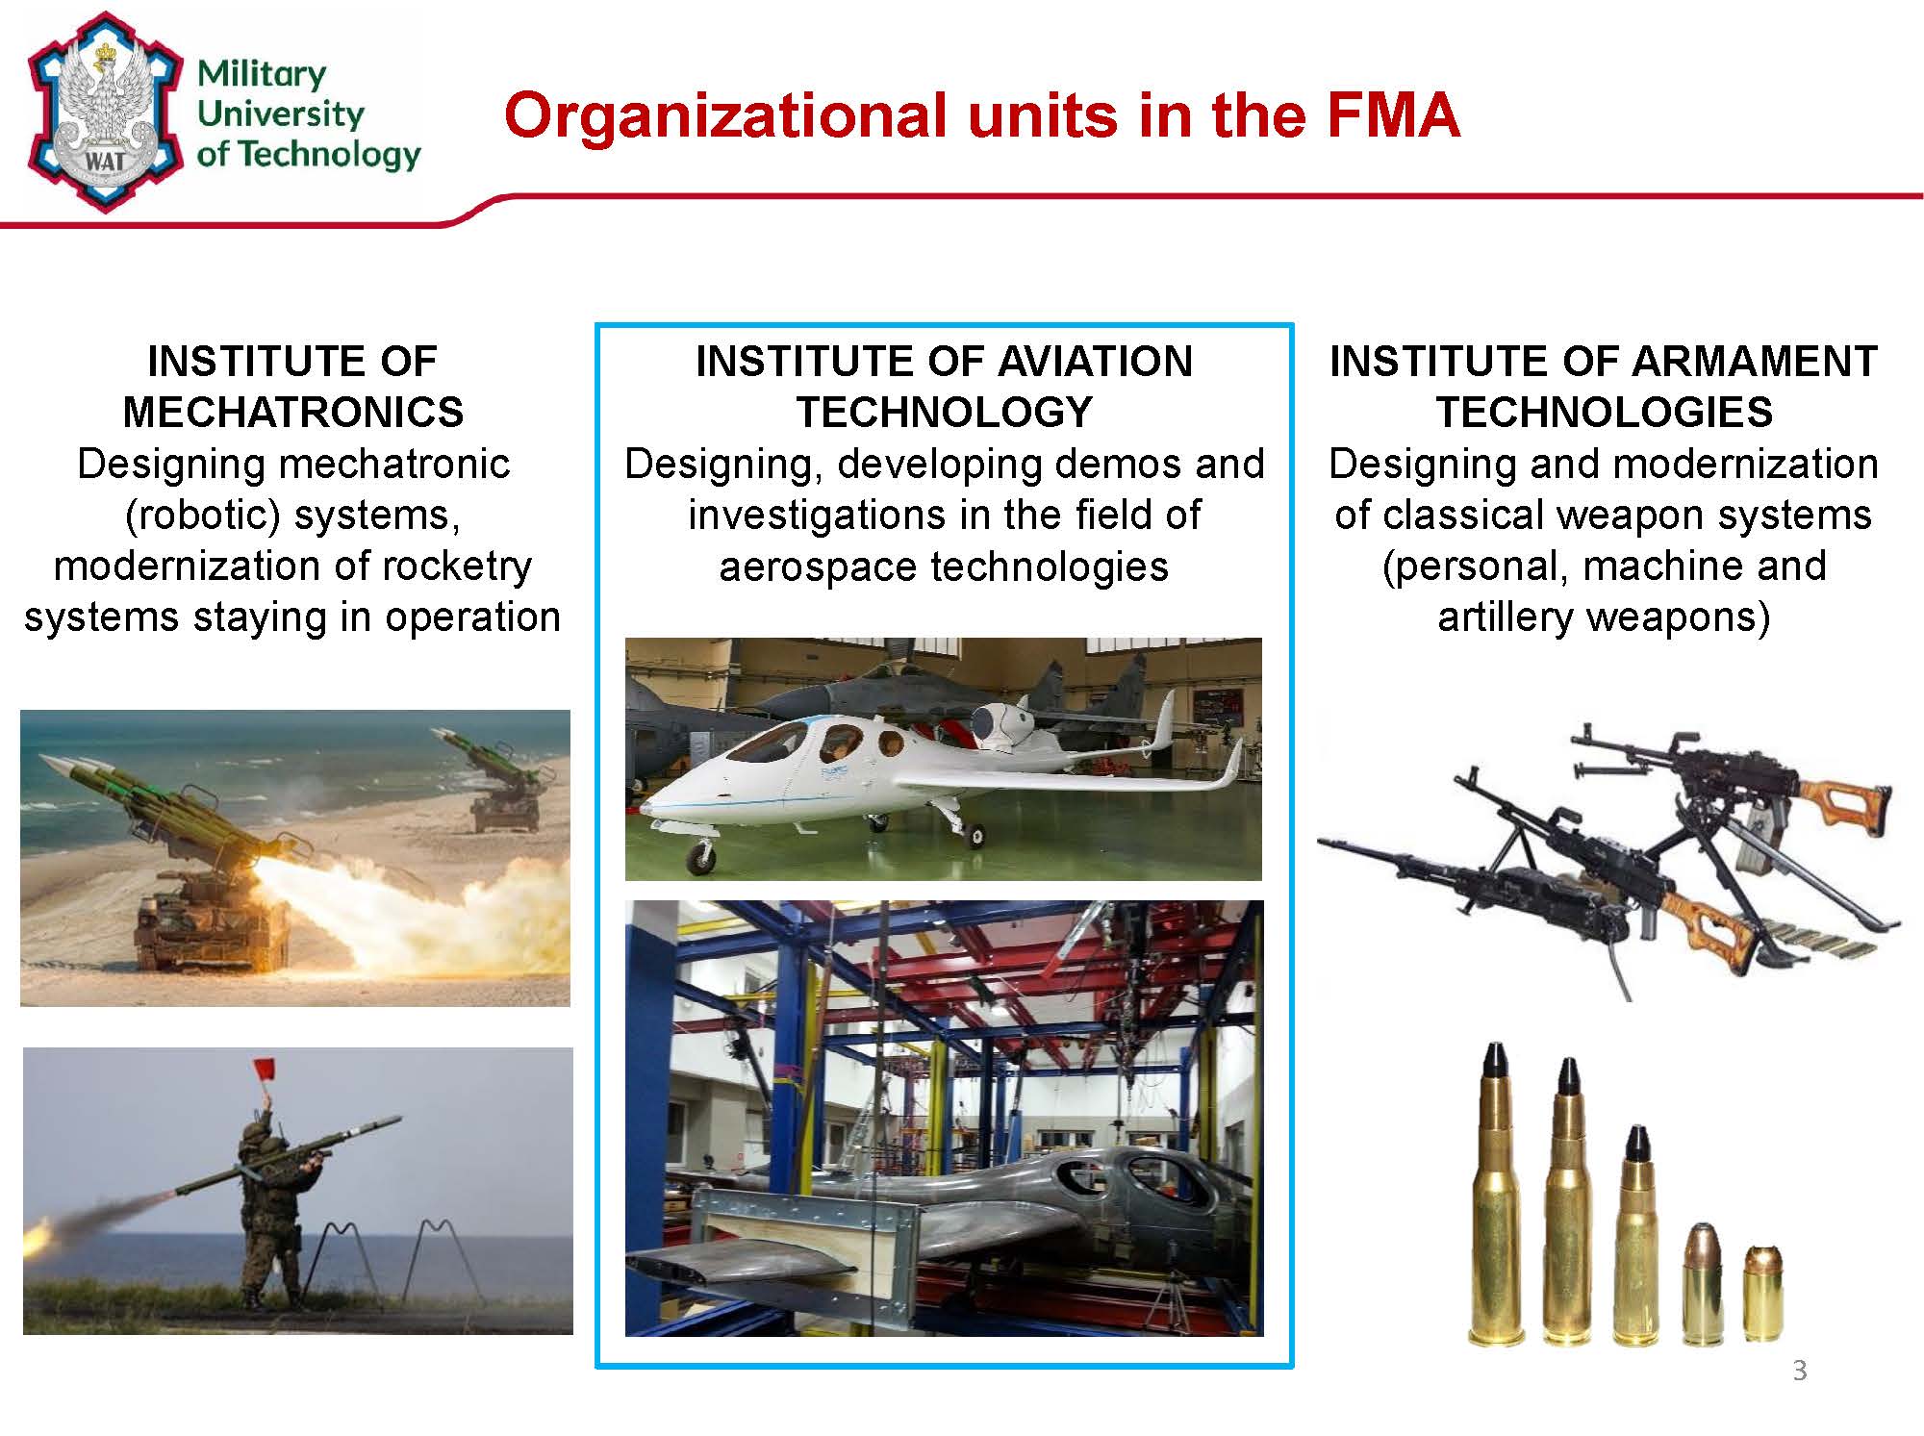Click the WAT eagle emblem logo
(x=105, y=112)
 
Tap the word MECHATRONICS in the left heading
(x=293, y=413)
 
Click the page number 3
(x=1800, y=1371)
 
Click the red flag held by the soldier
(x=266, y=1069)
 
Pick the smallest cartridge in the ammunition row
(x=1762, y=1292)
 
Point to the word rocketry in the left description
(x=457, y=567)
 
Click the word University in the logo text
(x=280, y=113)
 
